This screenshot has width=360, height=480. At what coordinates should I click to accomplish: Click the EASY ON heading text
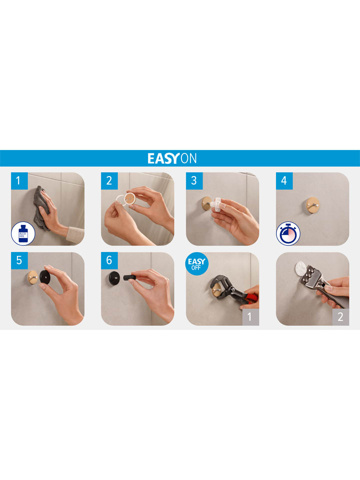172,158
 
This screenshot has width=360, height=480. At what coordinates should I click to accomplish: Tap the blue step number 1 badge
19,180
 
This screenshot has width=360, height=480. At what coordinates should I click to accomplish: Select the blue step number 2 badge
109,180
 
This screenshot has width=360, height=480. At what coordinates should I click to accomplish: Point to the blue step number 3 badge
194,180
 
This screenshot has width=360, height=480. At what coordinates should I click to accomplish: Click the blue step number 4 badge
284,180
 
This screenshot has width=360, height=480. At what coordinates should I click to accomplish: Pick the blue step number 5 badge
19,260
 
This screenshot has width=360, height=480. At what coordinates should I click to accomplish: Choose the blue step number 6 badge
109,260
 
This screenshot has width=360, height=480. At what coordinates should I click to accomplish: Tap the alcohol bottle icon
23,233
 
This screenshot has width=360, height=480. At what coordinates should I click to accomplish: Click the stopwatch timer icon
288,233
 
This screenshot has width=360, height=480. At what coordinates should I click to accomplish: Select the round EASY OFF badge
196,263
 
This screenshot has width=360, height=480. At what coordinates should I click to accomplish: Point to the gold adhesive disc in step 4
312,204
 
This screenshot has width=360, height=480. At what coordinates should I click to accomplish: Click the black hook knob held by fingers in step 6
129,277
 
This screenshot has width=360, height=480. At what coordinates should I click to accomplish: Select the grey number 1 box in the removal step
250,317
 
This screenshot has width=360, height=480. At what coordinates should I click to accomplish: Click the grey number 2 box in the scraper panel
340,317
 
